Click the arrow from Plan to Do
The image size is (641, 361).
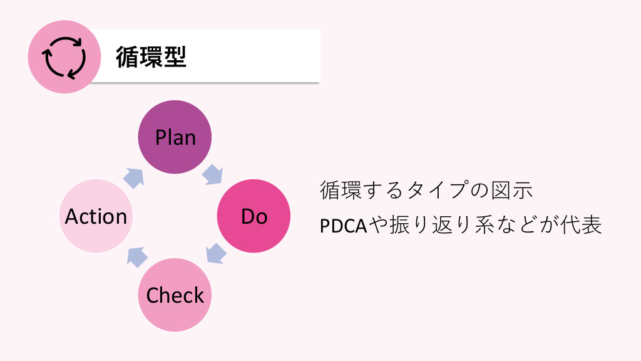tap(213, 175)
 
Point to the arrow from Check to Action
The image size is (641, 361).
tap(136, 256)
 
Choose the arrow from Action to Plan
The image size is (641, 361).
tap(134, 177)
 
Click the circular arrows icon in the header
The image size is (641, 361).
tap(64, 57)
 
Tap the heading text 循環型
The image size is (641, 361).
tap(151, 57)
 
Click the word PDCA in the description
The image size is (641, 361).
tap(342, 226)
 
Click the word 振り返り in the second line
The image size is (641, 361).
tap(426, 226)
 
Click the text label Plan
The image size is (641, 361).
tap(175, 137)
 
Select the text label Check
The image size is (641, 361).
tap(175, 296)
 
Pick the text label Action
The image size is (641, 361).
tap(96, 216)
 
